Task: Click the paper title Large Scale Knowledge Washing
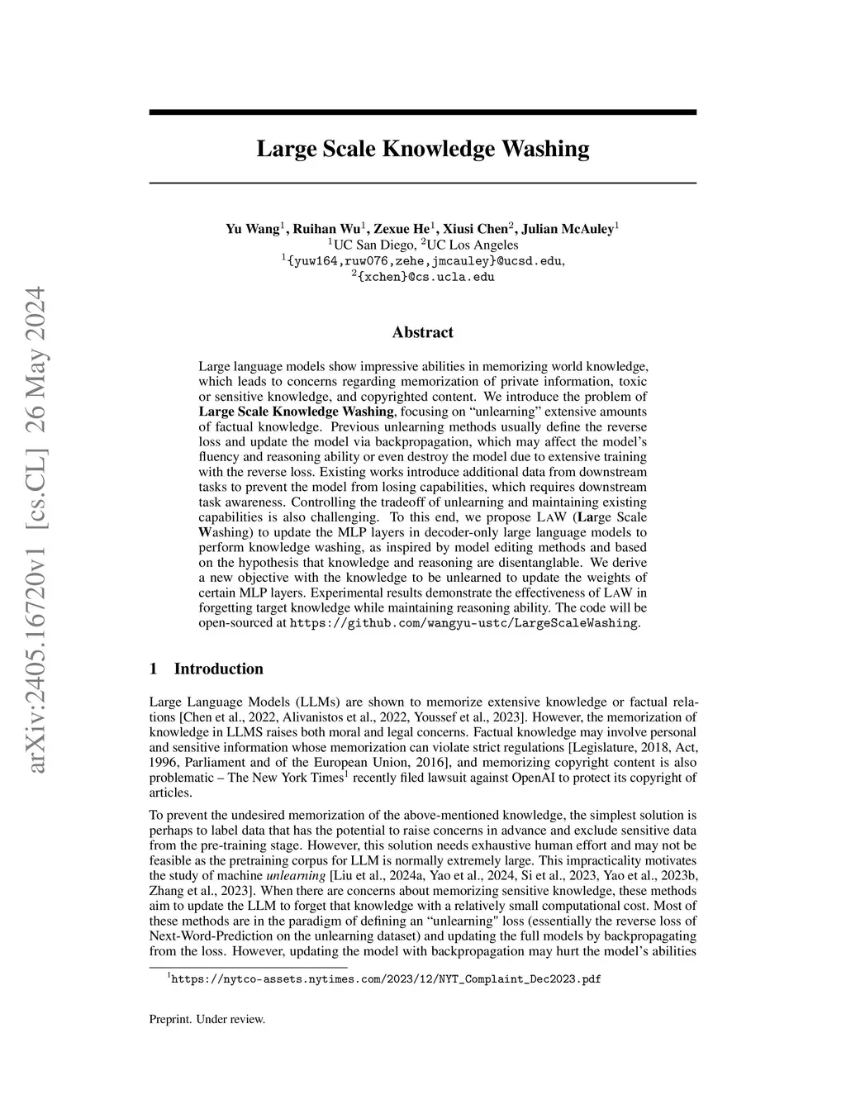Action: [422, 150]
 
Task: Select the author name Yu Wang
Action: [252, 229]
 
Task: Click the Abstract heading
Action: [422, 332]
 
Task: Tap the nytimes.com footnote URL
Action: [385, 979]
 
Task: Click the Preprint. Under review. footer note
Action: [207, 1019]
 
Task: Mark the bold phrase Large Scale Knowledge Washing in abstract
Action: [297, 412]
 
